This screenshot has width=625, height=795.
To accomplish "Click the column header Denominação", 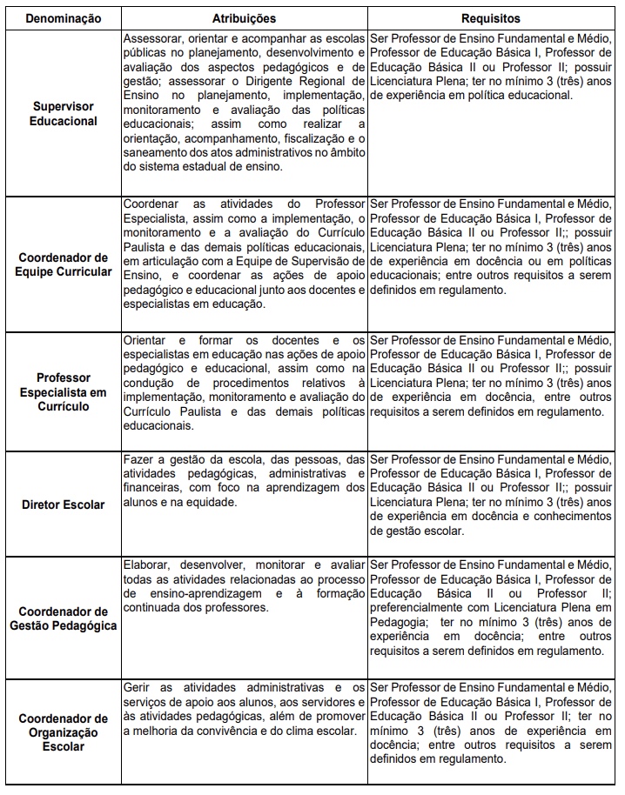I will click(62, 17).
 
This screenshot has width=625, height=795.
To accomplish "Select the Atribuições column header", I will click(245, 17).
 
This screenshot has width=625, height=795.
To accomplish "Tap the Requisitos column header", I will click(492, 17).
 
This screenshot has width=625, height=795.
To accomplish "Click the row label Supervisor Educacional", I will click(64, 113).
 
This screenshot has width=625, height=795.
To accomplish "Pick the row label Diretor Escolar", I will click(64, 504).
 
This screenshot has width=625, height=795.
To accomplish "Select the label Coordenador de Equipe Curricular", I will click(64, 264).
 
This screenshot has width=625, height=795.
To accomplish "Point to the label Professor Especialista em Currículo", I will click(64, 391).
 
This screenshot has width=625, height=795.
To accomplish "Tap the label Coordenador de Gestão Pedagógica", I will click(64, 618).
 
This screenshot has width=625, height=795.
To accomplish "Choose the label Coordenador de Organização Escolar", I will click(64, 732).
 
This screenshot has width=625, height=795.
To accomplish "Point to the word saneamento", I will click(155, 154).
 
